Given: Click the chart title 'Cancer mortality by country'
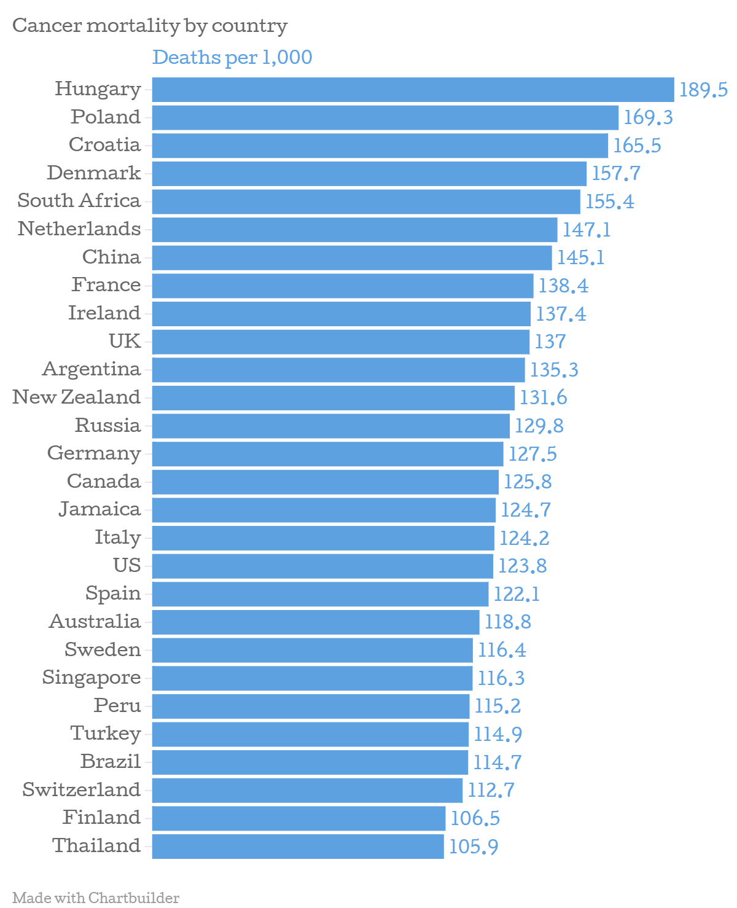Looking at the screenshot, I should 150,26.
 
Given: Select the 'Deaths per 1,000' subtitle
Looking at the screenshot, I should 232,57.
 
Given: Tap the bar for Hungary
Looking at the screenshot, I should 413,90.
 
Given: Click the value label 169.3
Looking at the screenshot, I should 648,117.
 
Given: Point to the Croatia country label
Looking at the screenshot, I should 104,145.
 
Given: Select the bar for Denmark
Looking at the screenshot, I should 369,174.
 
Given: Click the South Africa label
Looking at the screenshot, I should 79,201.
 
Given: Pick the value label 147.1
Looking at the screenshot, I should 587,230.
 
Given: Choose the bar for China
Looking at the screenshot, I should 352,258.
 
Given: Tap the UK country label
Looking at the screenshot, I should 125,341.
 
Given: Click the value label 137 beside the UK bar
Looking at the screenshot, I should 550,342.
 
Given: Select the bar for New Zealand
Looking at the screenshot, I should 333,398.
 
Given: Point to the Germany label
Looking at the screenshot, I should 94,453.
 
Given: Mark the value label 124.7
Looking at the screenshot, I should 525,510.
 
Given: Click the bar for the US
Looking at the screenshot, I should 322,566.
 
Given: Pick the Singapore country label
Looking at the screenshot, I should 92,678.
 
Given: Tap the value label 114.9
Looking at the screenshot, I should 497,734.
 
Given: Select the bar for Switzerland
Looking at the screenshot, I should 307,791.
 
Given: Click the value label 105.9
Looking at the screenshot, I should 474,847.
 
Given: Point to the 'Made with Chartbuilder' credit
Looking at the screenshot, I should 96,898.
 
